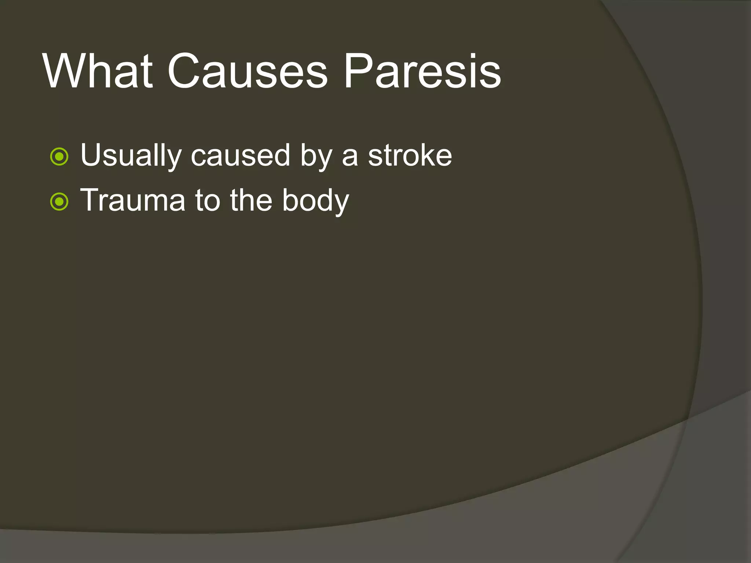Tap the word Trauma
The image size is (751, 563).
133,200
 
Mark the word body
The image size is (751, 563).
315,201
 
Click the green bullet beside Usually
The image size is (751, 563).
59,157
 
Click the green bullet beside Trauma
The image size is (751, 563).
59,202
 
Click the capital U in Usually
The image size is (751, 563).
90,155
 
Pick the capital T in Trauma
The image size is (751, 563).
89,200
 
